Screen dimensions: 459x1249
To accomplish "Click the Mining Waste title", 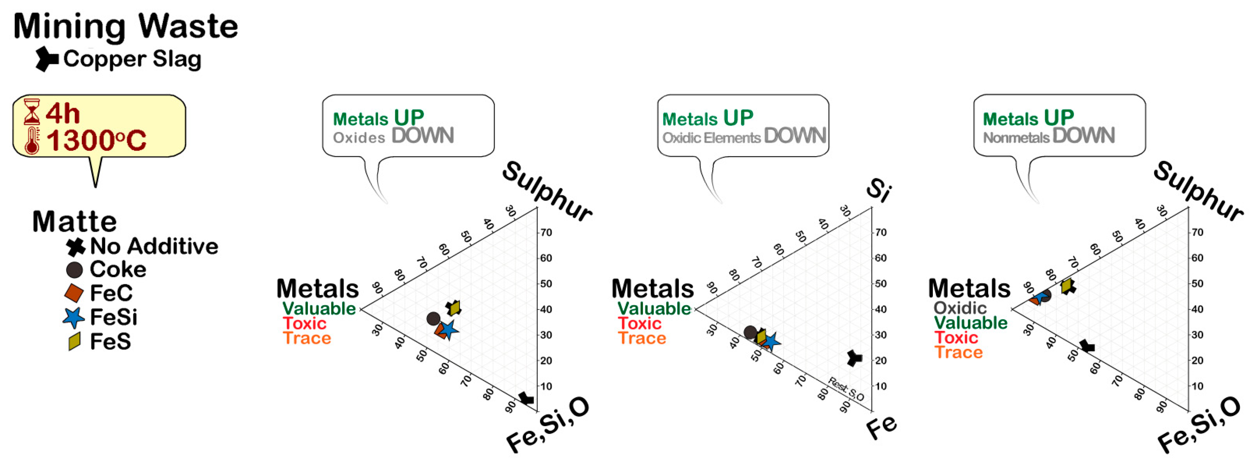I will click(x=125, y=27).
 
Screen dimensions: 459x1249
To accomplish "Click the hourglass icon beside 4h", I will click(x=32, y=112).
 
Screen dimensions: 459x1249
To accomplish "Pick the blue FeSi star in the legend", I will click(x=74, y=318).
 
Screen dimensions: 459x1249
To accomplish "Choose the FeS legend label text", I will click(x=110, y=342).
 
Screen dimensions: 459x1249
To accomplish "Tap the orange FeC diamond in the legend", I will click(x=74, y=293).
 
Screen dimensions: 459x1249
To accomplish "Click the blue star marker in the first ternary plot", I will click(x=448, y=330).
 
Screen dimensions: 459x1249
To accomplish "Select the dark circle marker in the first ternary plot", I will click(x=433, y=318).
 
